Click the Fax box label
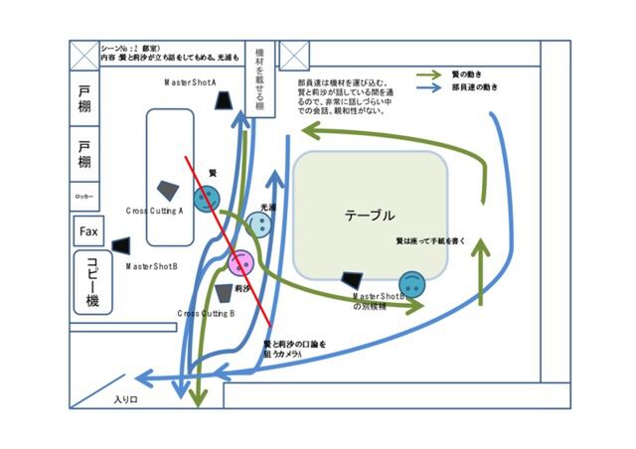tap(87, 232)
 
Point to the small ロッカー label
tap(84, 198)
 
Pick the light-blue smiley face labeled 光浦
tap(257, 225)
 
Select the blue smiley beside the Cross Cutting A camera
tap(206, 200)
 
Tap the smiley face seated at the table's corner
tap(412, 283)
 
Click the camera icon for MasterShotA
tap(226, 101)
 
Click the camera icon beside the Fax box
tap(121, 244)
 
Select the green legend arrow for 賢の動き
tap(429, 74)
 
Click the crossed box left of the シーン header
tap(83, 54)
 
